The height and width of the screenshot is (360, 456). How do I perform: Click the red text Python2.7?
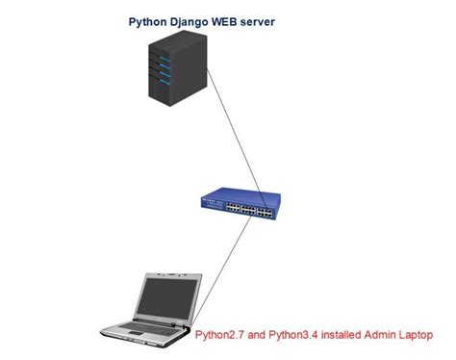(221, 335)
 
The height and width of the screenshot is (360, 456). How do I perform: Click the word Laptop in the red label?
(418, 335)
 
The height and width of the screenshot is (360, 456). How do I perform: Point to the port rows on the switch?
(241, 205)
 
